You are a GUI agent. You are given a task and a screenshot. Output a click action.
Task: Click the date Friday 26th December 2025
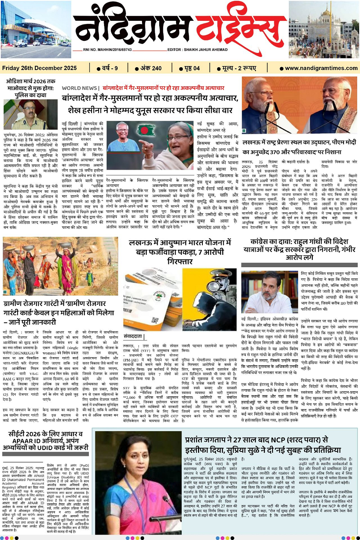pyautogui.click(x=40, y=68)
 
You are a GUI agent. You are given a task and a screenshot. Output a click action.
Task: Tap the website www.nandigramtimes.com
pyautogui.click(x=321, y=68)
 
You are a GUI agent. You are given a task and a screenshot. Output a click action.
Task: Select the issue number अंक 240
pyautogui.click(x=148, y=68)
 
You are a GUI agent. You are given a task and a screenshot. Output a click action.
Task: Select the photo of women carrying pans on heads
pyautogui.click(x=60, y=266)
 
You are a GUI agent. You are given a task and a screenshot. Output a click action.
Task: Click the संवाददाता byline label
pyautogui.click(x=134, y=336)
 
